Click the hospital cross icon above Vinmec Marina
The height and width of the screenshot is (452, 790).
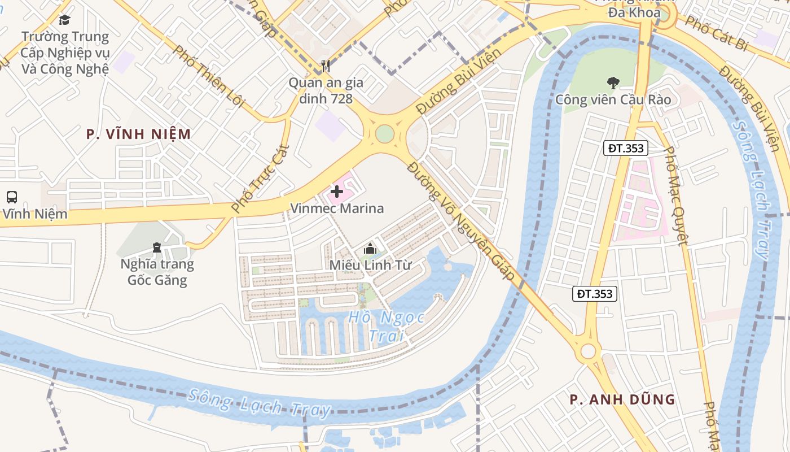point(337,192)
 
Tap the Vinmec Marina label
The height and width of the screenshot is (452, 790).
point(337,208)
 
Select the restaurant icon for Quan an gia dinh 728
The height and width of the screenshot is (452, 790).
point(326,66)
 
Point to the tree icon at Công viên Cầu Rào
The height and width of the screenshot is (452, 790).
point(613,82)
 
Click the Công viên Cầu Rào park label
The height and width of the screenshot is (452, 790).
point(613,100)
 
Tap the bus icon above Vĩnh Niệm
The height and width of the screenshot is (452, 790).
point(11,197)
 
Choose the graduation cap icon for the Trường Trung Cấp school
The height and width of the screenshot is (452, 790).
point(65,20)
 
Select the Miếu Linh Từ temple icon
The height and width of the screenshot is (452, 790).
point(370,248)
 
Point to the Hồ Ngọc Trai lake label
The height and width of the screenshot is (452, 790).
point(387,326)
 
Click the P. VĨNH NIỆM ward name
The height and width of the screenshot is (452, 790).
point(138,134)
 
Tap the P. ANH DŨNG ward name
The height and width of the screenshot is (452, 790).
point(622,399)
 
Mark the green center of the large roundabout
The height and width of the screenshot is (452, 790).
point(385,134)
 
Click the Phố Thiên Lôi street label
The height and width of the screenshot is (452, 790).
point(209,76)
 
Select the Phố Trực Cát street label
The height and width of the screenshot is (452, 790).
point(261,179)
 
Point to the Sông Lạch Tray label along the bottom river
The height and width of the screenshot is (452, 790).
point(260,403)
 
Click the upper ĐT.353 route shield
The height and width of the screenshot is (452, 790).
point(626,149)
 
